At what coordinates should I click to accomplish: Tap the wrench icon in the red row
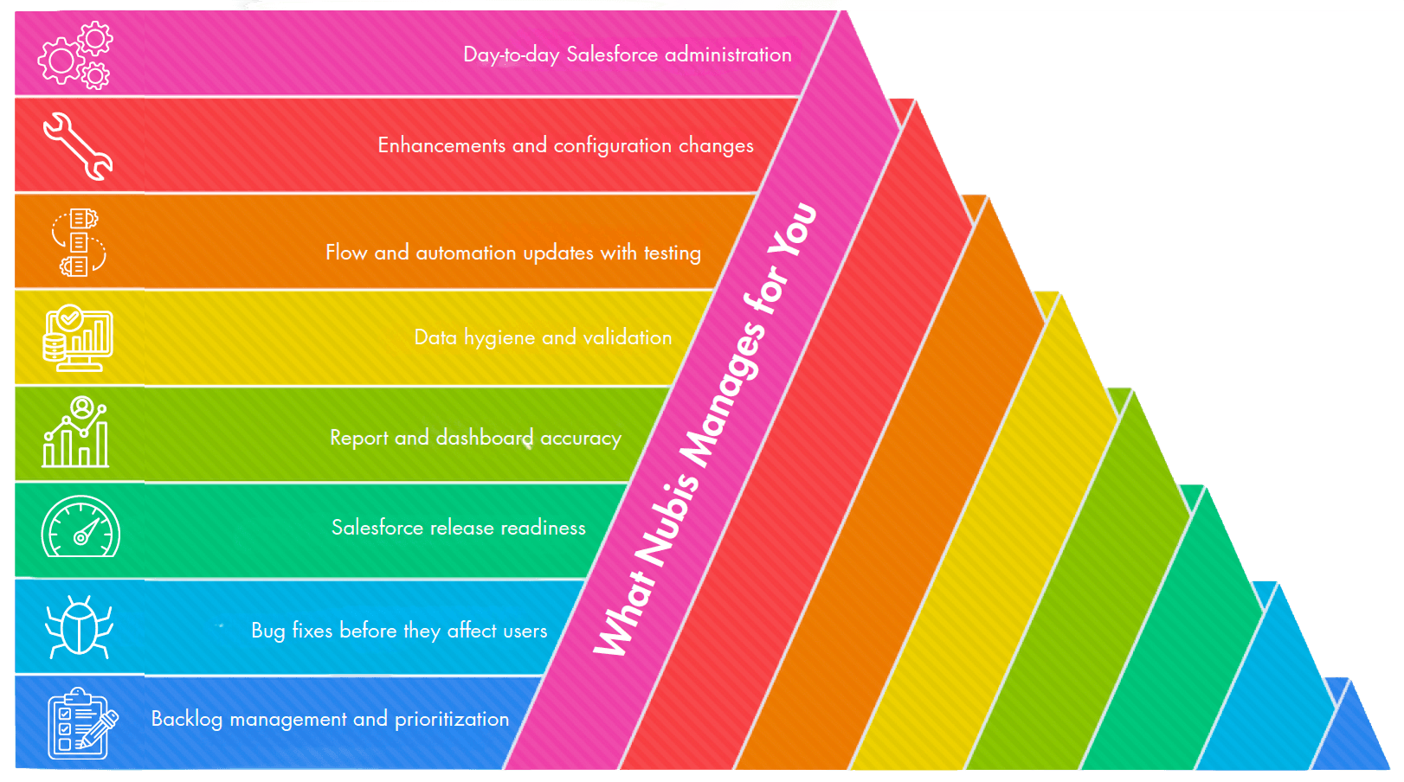(77, 146)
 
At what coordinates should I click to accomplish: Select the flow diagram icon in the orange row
(79, 242)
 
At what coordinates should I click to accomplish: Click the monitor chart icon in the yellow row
(78, 337)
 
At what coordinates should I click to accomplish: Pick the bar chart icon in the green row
(76, 433)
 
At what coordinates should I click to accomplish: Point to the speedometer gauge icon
(81, 528)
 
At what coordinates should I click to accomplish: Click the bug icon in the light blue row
(79, 626)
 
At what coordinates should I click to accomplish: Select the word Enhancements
(441, 145)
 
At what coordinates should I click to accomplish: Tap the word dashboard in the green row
(485, 438)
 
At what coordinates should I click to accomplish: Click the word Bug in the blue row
(267, 631)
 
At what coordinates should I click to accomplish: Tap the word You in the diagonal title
(795, 228)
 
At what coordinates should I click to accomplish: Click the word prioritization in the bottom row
(452, 719)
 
